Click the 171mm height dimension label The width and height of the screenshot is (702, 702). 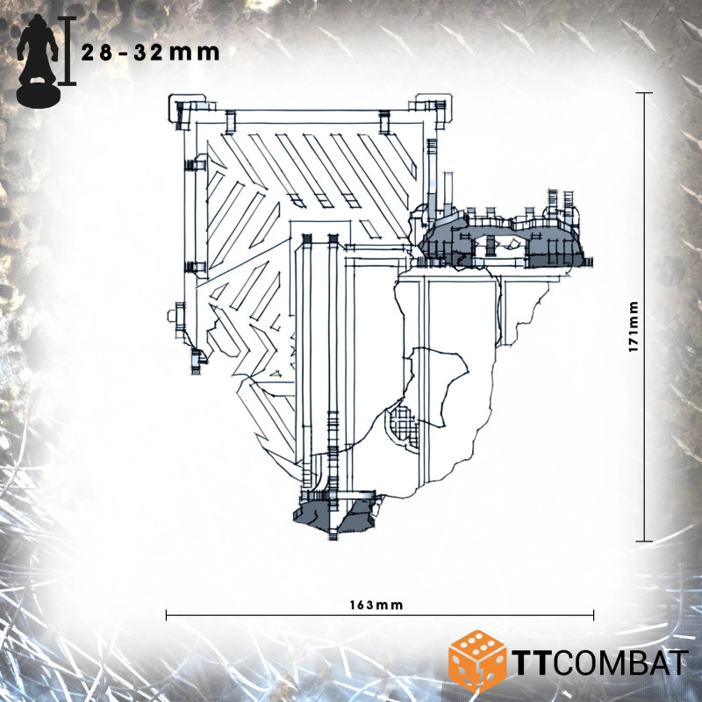pos(633,326)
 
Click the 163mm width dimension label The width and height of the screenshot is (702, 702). pos(376,605)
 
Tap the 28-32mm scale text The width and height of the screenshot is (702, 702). pos(150,53)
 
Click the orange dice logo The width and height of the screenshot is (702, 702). pos(477,661)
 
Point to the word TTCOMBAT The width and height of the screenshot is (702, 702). pos(600,663)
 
